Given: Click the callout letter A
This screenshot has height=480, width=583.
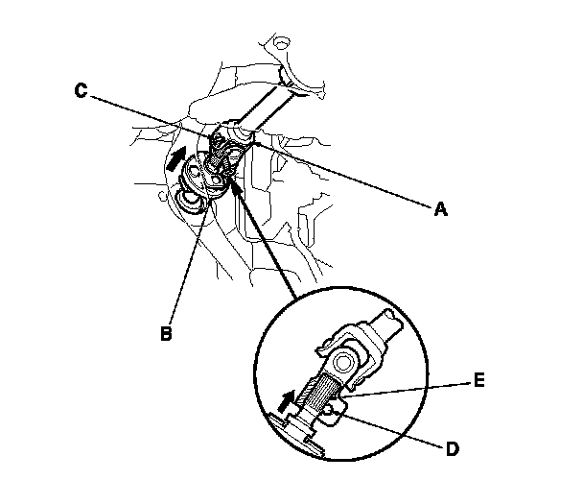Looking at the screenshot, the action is click(x=440, y=209).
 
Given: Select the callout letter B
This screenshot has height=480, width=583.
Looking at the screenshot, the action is click(x=166, y=333).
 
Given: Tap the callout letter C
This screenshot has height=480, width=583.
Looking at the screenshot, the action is click(x=81, y=91).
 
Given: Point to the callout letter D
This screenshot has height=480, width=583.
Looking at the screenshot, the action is click(x=453, y=449).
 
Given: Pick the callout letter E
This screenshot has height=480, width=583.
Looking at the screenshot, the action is click(x=478, y=380).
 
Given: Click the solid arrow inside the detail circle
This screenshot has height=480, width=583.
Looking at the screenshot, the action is click(x=288, y=401).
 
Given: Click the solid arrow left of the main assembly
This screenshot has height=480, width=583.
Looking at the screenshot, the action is click(x=176, y=158).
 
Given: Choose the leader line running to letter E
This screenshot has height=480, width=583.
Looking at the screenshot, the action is click(x=407, y=391).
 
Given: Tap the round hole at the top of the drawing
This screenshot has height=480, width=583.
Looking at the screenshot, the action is click(x=282, y=43).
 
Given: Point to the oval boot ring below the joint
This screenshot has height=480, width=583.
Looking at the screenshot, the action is click(x=191, y=201).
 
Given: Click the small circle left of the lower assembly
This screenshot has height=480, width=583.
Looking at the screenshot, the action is click(x=161, y=196).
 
